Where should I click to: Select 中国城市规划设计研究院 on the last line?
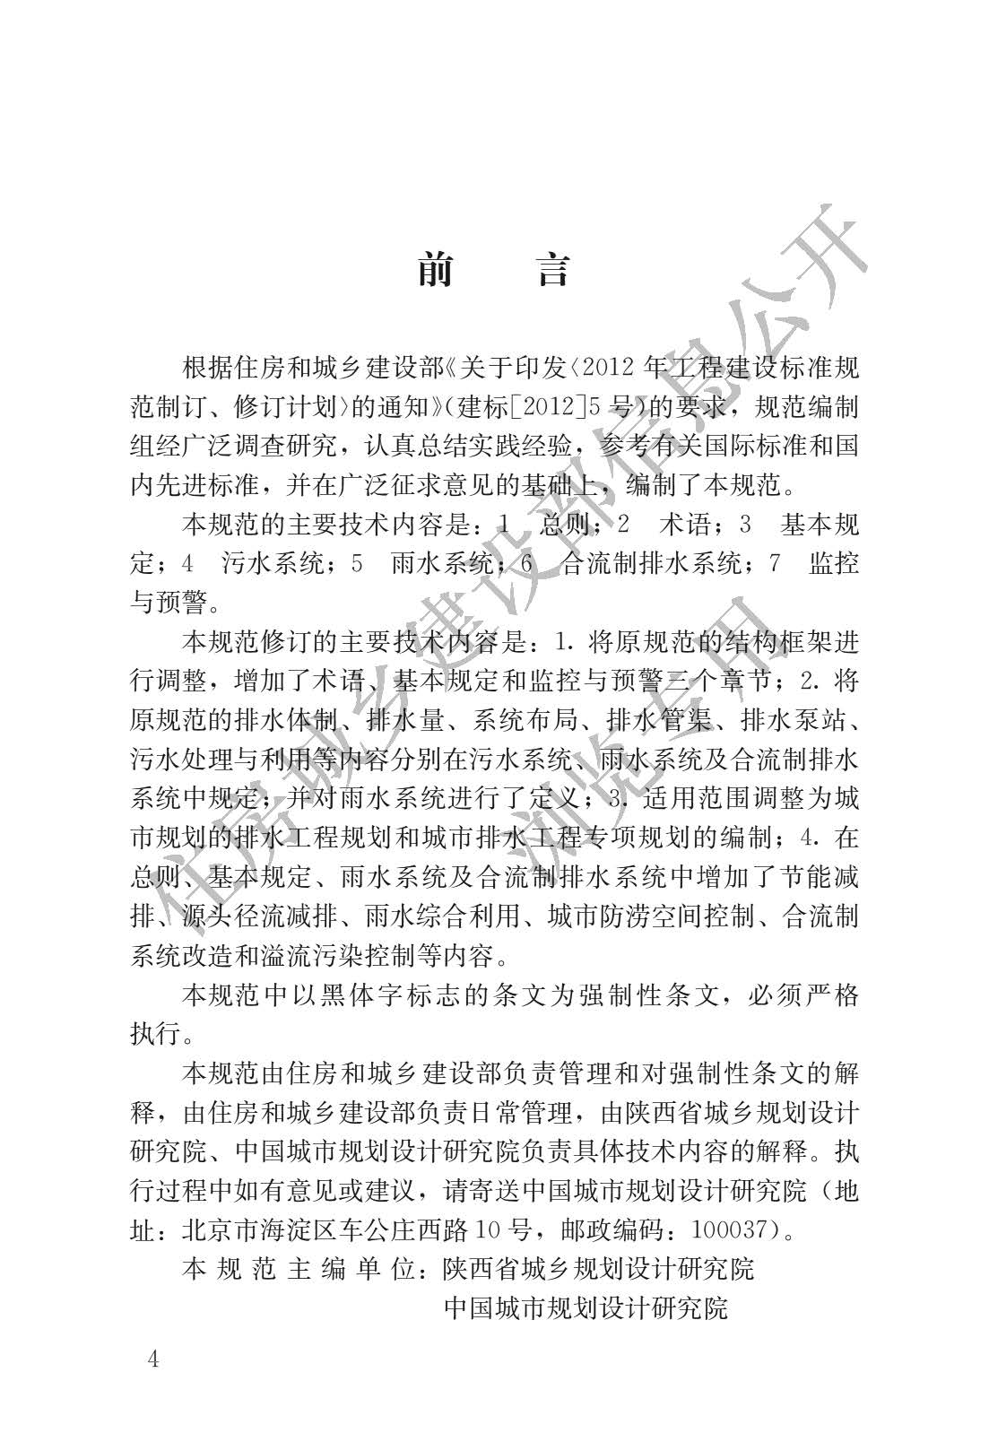coord(586,1307)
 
